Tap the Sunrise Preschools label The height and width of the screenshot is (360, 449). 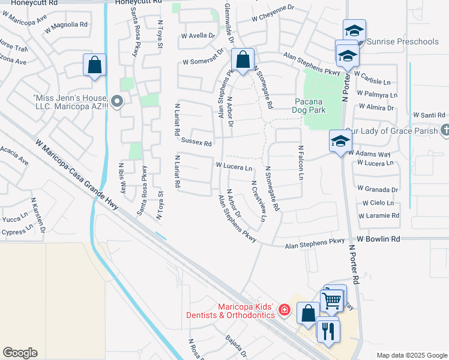tap(402, 41)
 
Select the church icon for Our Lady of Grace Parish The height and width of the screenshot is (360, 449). tap(444, 129)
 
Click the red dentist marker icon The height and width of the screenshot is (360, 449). tap(285, 310)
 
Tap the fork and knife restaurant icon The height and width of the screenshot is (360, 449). tap(328, 331)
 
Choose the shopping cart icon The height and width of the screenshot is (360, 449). tap(331, 299)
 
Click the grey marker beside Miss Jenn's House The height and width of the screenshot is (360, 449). tap(118, 102)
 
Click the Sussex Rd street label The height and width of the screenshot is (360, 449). tap(196, 143)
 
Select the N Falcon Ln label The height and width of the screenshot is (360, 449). tap(301, 163)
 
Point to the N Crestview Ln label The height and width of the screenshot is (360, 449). tap(259, 202)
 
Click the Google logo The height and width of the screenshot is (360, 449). tap(20, 353)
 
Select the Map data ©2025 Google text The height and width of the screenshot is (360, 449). tap(412, 355)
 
